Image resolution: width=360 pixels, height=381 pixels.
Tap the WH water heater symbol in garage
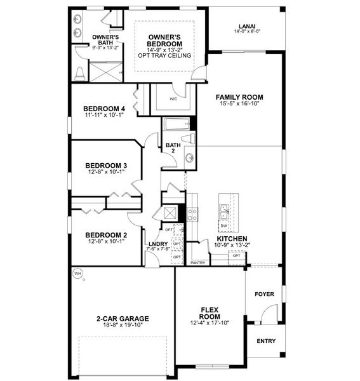(x=78, y=274)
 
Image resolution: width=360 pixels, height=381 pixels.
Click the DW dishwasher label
(x=223, y=225)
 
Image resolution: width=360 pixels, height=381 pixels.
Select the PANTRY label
(x=197, y=262)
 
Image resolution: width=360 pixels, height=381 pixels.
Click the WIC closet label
(x=173, y=99)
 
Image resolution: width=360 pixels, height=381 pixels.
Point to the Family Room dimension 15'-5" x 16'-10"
(x=239, y=104)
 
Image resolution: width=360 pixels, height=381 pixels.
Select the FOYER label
(x=264, y=294)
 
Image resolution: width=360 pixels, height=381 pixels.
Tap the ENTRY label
(x=266, y=341)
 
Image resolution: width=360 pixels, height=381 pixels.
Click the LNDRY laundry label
(x=157, y=243)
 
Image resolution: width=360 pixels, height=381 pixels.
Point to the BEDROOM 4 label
(x=105, y=109)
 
